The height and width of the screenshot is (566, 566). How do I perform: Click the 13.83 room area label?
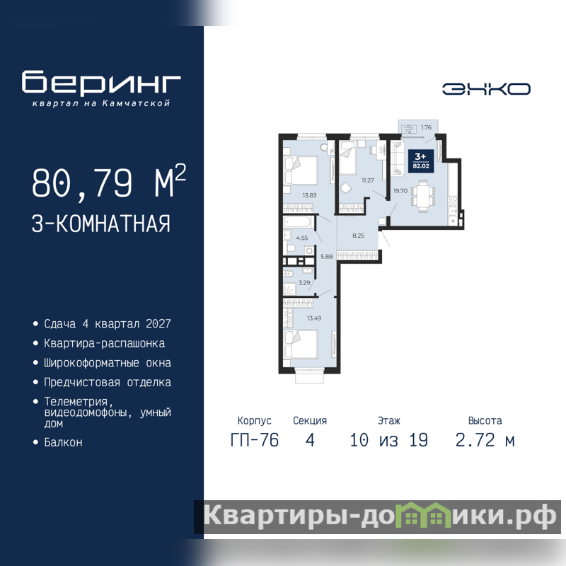(309, 195)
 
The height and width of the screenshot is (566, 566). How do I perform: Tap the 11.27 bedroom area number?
(368, 180)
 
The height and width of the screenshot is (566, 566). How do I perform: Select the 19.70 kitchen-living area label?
(400, 190)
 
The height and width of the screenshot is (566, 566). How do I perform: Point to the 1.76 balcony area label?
(427, 127)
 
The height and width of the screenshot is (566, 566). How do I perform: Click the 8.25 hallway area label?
(359, 236)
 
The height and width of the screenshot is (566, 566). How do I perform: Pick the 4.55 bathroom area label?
(302, 238)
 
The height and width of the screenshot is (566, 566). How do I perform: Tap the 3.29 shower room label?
(304, 282)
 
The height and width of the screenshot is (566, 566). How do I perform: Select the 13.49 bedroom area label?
(314, 318)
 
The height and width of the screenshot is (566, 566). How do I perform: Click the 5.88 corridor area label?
(327, 257)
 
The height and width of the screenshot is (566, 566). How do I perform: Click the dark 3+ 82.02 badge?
(420, 161)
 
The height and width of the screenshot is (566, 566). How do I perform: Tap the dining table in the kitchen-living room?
(422, 193)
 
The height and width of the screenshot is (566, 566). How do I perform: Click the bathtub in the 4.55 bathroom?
(298, 221)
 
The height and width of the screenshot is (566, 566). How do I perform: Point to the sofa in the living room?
(397, 158)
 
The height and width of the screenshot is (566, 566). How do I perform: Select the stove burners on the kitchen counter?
(453, 201)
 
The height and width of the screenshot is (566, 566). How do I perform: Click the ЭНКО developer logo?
(486, 89)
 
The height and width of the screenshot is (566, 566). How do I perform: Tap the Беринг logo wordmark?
(101, 82)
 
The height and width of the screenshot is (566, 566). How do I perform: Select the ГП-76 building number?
(255, 440)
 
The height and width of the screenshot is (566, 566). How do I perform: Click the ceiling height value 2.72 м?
(485, 440)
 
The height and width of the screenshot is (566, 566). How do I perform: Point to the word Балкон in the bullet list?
(63, 442)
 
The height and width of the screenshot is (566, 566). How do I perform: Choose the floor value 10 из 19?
(388, 440)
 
